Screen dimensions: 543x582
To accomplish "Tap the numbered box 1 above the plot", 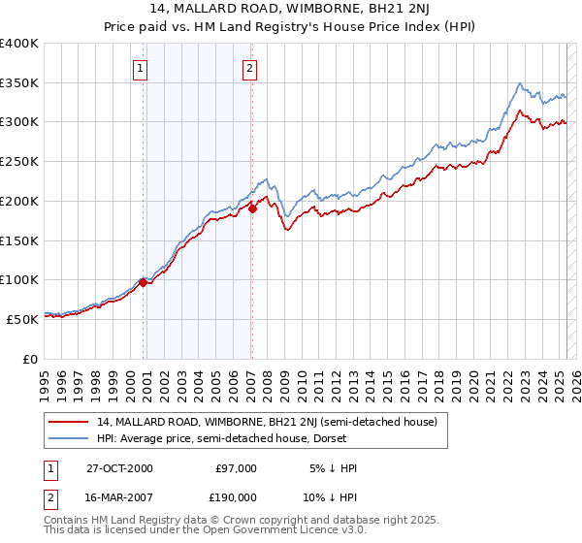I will click(x=142, y=68).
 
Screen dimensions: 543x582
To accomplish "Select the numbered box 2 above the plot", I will click(x=250, y=68).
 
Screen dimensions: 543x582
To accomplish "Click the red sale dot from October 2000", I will click(x=144, y=282).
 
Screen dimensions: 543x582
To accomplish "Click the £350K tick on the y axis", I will click(x=19, y=82).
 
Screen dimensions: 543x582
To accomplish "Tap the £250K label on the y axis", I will click(x=19, y=161).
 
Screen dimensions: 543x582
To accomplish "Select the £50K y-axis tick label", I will click(x=23, y=318).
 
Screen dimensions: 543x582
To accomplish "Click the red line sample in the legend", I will click(x=69, y=422).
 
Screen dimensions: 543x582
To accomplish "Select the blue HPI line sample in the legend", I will click(x=69, y=438).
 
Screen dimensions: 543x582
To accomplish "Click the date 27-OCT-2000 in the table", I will click(x=118, y=468).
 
